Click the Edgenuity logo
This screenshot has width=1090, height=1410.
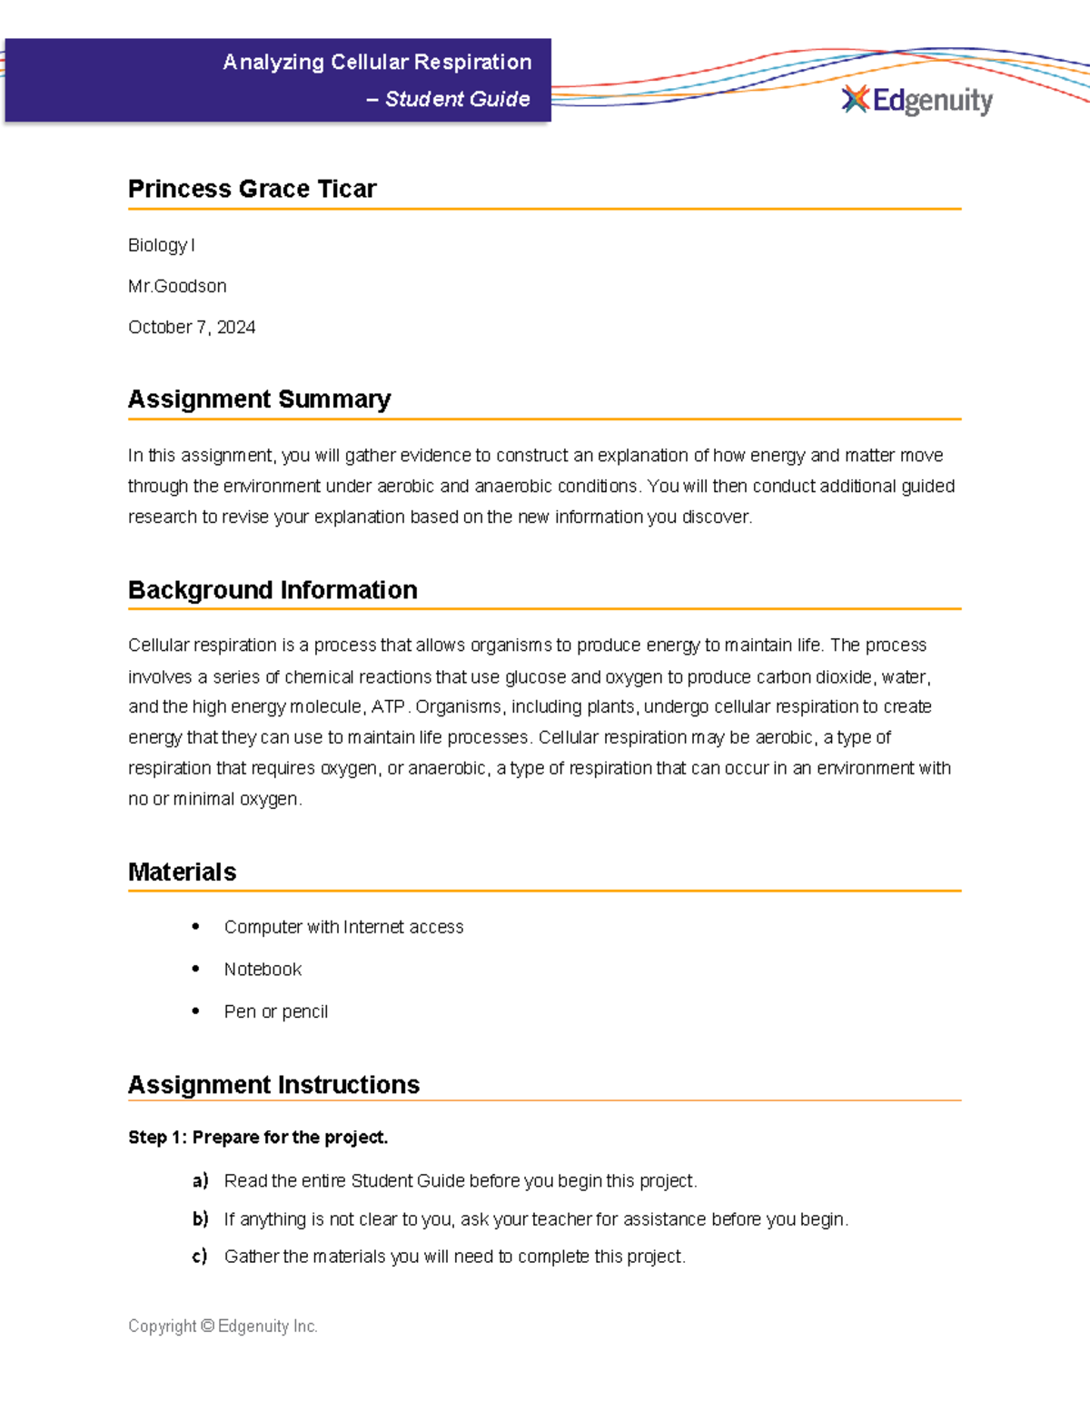(x=917, y=100)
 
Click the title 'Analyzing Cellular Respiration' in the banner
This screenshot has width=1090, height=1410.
(x=377, y=62)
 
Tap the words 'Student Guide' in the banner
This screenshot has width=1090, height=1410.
(x=457, y=99)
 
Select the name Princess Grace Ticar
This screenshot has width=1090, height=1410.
(x=252, y=189)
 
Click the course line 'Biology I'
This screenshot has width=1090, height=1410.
(x=161, y=245)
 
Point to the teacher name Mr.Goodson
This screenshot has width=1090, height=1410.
(x=177, y=286)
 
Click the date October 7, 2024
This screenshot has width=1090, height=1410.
(x=192, y=327)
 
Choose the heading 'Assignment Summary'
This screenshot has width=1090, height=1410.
(x=259, y=399)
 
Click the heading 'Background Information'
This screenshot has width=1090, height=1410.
(x=272, y=590)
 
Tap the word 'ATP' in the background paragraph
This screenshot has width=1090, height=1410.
(x=388, y=706)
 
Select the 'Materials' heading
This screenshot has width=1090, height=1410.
(x=182, y=873)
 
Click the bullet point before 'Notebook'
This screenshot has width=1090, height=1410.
(x=195, y=969)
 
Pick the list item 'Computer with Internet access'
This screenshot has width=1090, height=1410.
(x=343, y=927)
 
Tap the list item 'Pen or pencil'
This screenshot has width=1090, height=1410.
(x=275, y=1011)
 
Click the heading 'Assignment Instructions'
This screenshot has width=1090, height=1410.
(x=273, y=1085)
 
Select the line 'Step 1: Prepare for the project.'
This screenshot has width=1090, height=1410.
(x=258, y=1138)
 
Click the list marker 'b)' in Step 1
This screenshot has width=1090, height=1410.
(x=200, y=1218)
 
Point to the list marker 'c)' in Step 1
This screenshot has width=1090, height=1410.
(x=200, y=1257)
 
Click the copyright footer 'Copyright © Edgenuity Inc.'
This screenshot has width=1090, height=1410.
(x=223, y=1326)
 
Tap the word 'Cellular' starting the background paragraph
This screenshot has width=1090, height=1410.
(x=158, y=646)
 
